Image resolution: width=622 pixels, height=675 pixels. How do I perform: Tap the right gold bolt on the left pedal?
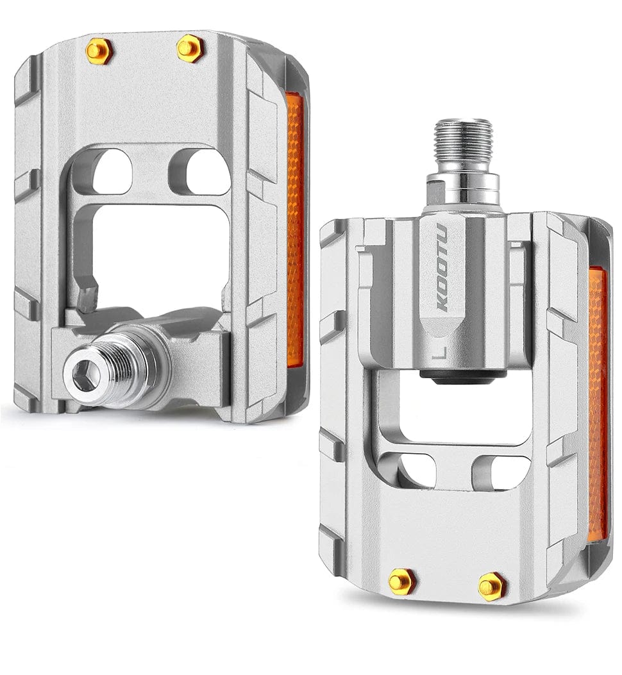[190, 47]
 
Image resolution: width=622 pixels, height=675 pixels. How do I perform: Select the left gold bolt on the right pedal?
[402, 581]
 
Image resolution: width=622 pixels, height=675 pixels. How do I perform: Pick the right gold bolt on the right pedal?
[491, 585]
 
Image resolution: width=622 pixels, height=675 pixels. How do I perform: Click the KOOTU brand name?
[442, 269]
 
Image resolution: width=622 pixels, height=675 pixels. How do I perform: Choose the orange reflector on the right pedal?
[597, 404]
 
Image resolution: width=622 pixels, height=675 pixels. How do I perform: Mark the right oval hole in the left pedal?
[199, 172]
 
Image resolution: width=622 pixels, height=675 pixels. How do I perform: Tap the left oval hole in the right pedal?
[414, 471]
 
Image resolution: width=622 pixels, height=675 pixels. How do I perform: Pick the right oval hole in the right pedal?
[501, 472]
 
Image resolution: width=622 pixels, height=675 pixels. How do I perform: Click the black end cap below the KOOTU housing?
[460, 378]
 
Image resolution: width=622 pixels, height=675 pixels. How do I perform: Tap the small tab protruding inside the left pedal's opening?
[86, 298]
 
